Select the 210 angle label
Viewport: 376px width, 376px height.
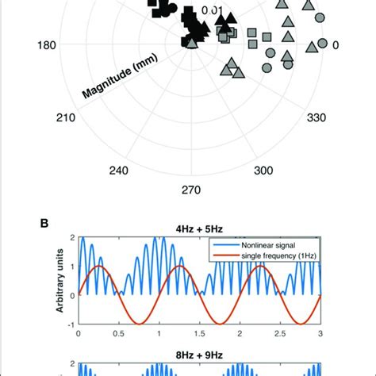click(66, 118)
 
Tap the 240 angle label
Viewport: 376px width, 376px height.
click(119, 171)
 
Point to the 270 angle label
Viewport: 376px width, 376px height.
click(191, 190)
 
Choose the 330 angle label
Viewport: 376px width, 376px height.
click(317, 118)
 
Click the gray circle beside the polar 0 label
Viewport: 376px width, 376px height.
click(320, 42)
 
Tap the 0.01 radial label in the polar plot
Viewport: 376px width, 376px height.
click(210, 10)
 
